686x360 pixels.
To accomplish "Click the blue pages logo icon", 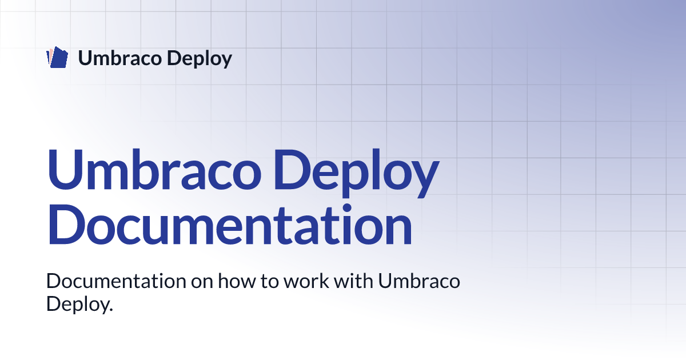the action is tap(57, 57).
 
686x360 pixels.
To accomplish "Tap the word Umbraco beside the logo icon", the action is tap(119, 58).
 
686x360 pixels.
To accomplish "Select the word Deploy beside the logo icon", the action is tap(200, 59).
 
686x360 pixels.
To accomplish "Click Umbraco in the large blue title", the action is tap(154, 170).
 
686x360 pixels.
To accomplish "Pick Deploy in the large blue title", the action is tap(357, 173).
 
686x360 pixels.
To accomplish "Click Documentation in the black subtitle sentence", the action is tap(116, 281).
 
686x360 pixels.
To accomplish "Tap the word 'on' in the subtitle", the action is tap(202, 283).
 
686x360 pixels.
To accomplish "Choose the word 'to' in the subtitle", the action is tap(270, 282).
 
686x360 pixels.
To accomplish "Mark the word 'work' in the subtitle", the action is tap(306, 281).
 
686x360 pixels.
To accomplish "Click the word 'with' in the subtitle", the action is tap(353, 281).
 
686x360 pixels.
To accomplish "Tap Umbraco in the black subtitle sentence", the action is tap(419, 281).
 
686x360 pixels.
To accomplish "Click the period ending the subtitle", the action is tap(110, 310).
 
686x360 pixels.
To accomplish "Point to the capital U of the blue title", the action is tap(65, 170).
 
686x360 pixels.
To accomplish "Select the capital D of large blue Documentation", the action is tap(66, 224).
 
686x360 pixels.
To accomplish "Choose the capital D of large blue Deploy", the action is tap(293, 170).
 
